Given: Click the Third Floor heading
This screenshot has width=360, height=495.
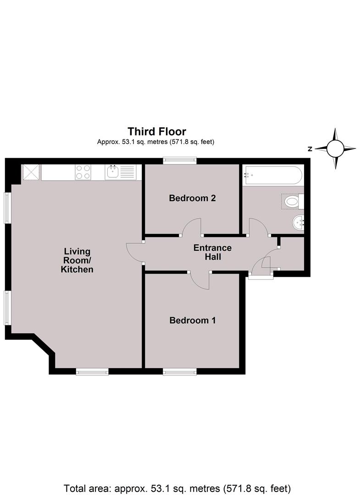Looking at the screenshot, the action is [x=157, y=132].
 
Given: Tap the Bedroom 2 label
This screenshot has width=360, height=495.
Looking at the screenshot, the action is [x=192, y=198].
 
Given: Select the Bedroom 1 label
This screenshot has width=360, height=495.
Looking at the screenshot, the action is [x=193, y=320].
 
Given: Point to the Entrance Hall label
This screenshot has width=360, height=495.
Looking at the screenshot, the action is [x=212, y=252].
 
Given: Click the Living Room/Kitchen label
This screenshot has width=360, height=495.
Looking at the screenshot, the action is [x=77, y=260].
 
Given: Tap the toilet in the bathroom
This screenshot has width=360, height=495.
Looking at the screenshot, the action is [x=293, y=201].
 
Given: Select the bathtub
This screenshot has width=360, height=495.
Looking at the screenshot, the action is [x=273, y=175].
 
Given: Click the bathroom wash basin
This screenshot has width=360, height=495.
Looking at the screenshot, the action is [x=299, y=223].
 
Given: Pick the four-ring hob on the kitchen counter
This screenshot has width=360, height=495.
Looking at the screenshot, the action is [x=83, y=172].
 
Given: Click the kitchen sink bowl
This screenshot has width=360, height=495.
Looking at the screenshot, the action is [x=112, y=172].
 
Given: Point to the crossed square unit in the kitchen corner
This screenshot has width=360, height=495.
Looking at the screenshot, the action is [x=31, y=172].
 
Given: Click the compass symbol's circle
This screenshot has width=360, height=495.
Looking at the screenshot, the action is [x=335, y=148].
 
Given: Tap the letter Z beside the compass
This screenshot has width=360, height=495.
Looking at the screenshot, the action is [x=310, y=149].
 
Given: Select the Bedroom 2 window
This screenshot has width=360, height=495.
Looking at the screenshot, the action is [x=180, y=161].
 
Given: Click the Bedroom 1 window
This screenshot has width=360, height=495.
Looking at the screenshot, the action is [x=180, y=372].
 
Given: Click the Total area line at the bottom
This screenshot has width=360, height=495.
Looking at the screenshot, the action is [x=177, y=489].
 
